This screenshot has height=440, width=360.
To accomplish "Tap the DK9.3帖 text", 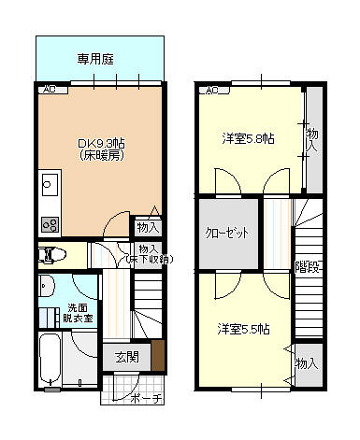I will tap(96, 144).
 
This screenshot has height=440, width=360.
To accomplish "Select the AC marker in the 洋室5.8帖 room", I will tap(211, 91).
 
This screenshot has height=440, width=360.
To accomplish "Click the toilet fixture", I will tap(52, 253).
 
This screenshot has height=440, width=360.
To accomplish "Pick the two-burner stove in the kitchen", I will tap(48, 224).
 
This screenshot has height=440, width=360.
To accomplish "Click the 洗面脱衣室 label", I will tap(79, 313).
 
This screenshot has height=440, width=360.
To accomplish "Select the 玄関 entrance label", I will tap(127, 357).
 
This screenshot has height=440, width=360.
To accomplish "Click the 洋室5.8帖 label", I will tap(248, 138).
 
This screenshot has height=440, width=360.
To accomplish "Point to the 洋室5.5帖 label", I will tap(244, 329).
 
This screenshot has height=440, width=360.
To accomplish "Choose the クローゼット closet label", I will tap(227, 232).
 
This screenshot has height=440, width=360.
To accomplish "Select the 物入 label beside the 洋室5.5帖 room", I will tap(307, 362).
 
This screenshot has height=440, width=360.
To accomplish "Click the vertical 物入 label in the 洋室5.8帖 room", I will tap(312, 140).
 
